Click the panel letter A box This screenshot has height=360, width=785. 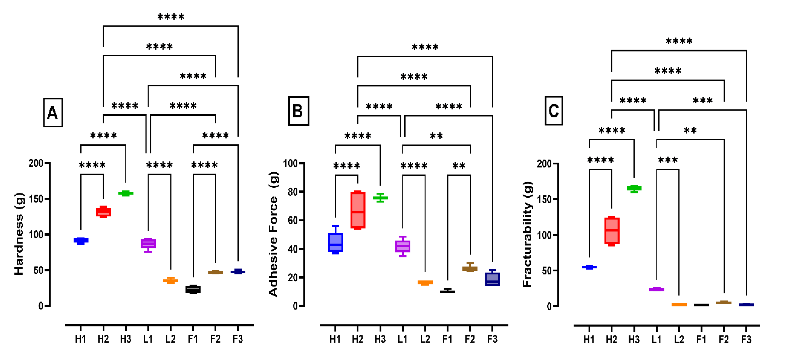coord(53,112)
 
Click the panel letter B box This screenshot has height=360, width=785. coord(298,111)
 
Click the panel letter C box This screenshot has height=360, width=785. coord(553,111)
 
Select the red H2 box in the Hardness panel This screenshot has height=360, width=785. coord(103,212)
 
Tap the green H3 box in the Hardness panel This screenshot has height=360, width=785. coord(126,193)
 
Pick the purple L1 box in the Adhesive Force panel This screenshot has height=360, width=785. coord(403,246)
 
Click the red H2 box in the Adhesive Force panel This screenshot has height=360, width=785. coord(358,210)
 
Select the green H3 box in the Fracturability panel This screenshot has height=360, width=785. coord(634,188)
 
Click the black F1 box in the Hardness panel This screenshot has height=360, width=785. coord(193,289)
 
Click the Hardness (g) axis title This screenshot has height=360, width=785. coord(19,234)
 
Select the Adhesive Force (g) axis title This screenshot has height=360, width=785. coord(273,234)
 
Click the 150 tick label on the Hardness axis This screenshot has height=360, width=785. coord(36,199)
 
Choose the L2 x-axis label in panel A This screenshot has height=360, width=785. coord(170,339)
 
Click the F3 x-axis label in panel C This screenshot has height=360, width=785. coord(746,339)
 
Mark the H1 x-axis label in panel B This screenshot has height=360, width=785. coord(335,339)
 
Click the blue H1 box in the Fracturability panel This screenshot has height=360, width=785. coord(589,267)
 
